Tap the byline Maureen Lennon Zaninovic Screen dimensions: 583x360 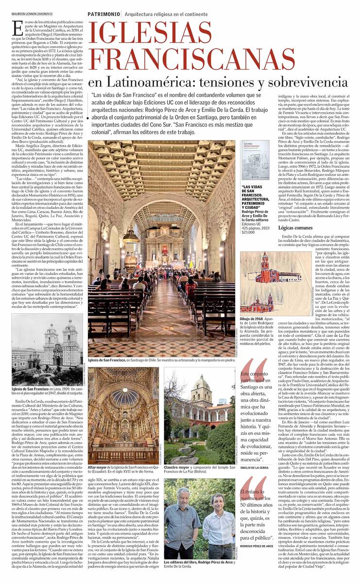click(32, 14)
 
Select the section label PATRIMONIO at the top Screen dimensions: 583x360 click(103, 14)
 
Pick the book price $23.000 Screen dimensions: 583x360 click(249, 233)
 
